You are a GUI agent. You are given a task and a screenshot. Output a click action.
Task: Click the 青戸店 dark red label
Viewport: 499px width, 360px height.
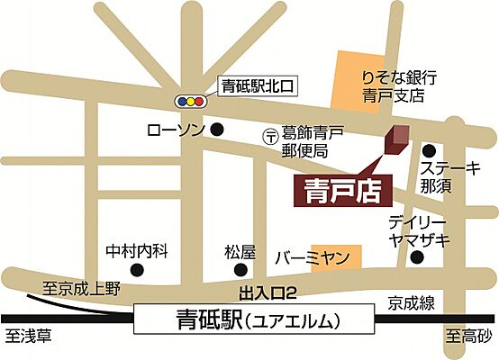tap(339, 192)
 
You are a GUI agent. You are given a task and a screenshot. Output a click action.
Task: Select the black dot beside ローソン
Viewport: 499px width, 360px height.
tap(216, 130)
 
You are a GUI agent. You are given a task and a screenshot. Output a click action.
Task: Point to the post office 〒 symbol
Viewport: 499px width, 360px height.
tap(268, 137)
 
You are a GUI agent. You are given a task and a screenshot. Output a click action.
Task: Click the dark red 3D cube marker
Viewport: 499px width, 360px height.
tap(395, 140)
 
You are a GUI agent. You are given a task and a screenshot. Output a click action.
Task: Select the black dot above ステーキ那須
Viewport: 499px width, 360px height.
tap(430, 150)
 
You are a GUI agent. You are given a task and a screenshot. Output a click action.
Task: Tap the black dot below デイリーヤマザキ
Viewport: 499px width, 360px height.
tap(416, 258)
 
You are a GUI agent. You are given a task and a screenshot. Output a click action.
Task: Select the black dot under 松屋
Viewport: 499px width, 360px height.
tap(240, 268)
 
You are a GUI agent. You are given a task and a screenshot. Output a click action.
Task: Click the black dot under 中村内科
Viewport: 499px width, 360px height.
tap(140, 268)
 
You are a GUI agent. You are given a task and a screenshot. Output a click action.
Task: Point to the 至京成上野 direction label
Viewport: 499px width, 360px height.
tap(80, 289)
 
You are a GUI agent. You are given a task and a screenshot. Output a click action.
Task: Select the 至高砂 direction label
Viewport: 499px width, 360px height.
tap(469, 341)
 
